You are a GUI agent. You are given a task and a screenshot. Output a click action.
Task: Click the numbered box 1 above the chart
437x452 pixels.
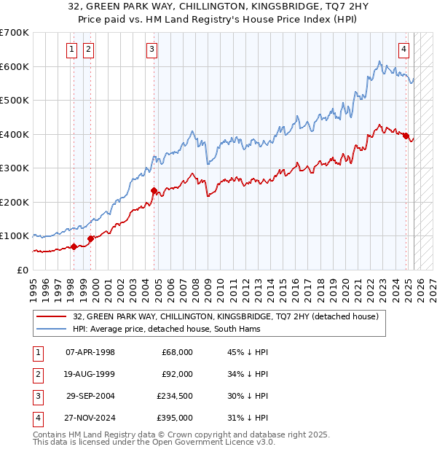(72, 50)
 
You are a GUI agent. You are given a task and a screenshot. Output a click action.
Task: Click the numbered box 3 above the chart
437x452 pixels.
(151, 50)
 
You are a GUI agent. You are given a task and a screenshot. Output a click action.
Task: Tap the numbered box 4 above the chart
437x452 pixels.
(403, 50)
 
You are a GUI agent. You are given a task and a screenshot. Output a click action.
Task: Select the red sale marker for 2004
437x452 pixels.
(154, 191)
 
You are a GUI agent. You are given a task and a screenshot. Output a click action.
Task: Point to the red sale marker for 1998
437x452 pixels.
(74, 246)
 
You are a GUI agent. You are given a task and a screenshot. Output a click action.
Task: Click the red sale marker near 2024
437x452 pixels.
(406, 135)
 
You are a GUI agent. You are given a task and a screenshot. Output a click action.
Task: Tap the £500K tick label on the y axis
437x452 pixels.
(14, 100)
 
